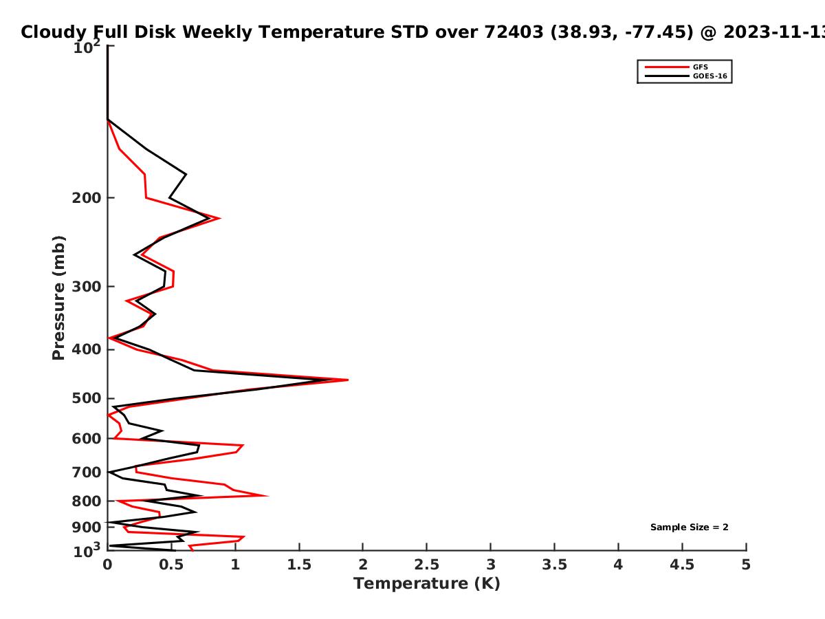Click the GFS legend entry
pyautogui.click(x=676, y=67)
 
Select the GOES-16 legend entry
pyautogui.click(x=685, y=76)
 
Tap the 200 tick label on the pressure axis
pyautogui.click(x=87, y=197)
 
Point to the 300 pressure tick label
pyautogui.click(x=87, y=286)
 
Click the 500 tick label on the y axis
pyautogui.click(x=87, y=398)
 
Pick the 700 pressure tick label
pyautogui.click(x=87, y=472)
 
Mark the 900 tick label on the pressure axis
pyautogui.click(x=87, y=527)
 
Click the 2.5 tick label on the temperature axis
pyautogui.click(x=427, y=565)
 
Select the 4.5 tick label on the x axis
pyautogui.click(x=682, y=565)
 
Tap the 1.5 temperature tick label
pyautogui.click(x=299, y=565)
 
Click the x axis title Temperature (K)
pyautogui.click(x=427, y=583)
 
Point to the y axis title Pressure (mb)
pyautogui.click(x=58, y=298)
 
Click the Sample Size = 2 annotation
pyautogui.click(x=690, y=527)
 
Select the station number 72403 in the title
pyautogui.click(x=514, y=32)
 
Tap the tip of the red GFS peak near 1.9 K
pyautogui.click(x=348, y=380)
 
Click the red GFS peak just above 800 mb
pyautogui.click(x=267, y=496)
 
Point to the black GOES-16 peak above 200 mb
pyautogui.click(x=186, y=175)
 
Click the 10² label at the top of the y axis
pyautogui.click(x=87, y=47)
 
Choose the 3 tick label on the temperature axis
pyautogui.click(x=490, y=565)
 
